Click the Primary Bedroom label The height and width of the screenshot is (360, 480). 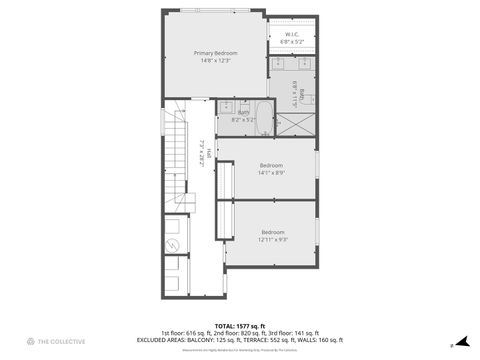coord(215,52)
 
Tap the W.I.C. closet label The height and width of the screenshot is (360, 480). coord(293,34)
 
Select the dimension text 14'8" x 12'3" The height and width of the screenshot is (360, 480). coord(215,60)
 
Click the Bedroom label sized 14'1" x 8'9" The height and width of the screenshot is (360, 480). coord(271,165)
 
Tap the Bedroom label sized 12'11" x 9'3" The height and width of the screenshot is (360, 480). coord(273,232)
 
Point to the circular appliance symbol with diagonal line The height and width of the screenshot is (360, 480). coord(171,244)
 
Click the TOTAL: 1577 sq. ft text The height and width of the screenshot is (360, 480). coord(240,326)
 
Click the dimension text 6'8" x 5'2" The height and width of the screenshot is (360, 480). coord(293,42)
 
